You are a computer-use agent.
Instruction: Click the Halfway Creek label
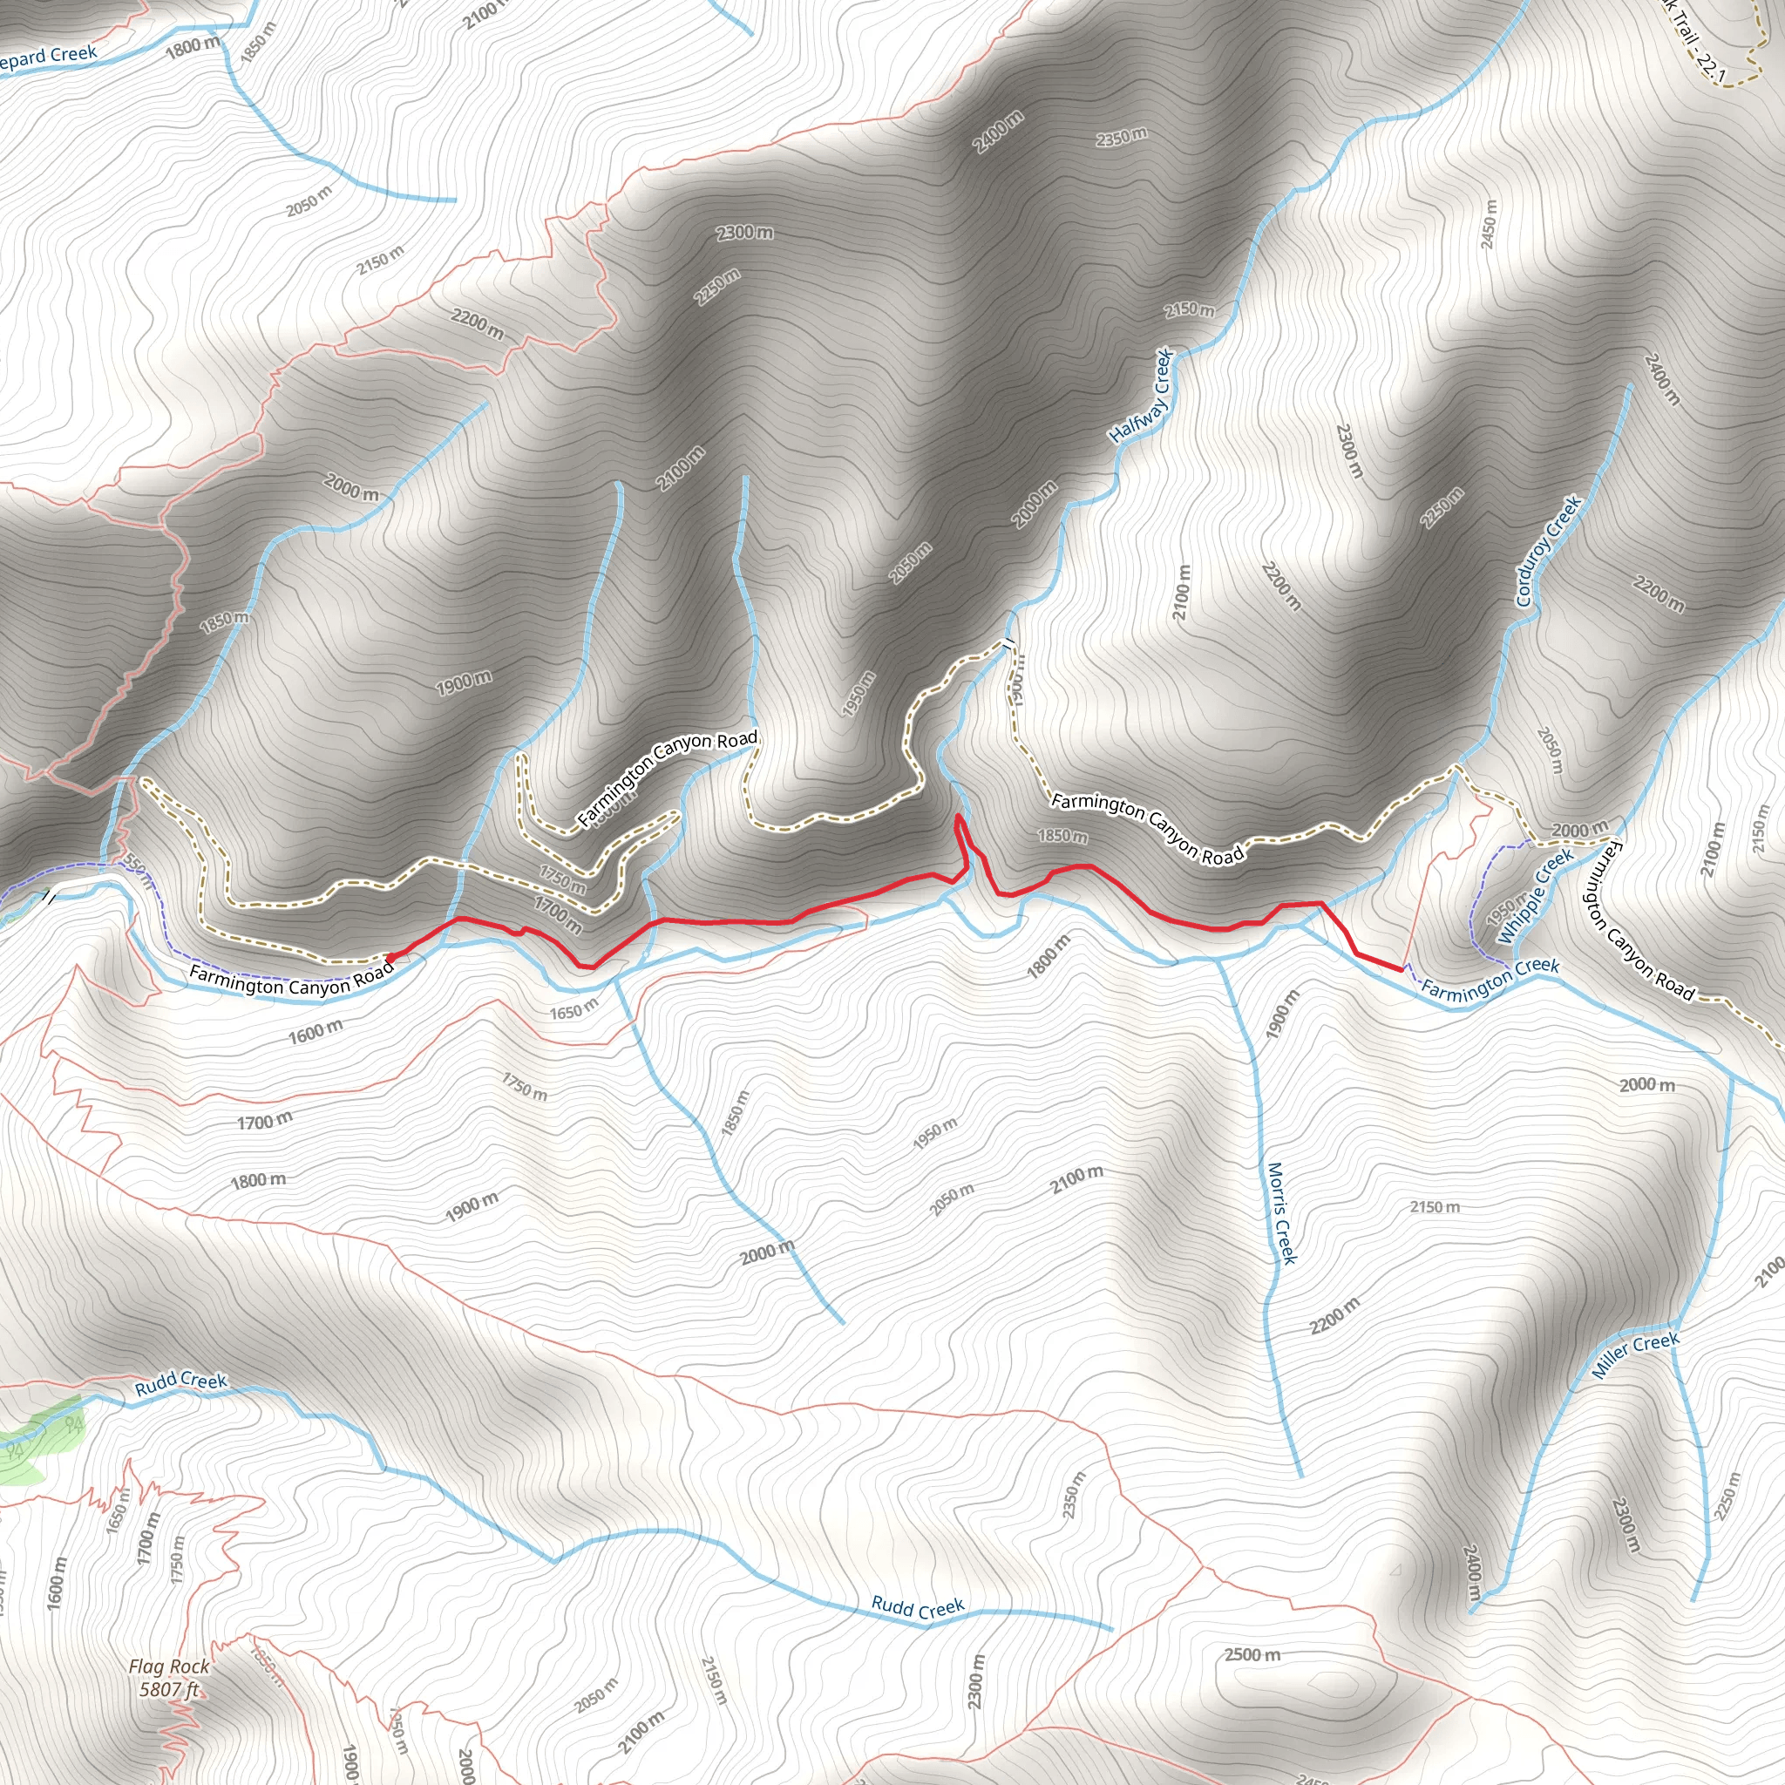[x=1142, y=395]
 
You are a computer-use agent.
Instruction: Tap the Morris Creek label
[x=1282, y=1212]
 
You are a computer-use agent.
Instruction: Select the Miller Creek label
[x=1635, y=1355]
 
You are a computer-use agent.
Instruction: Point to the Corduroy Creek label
[x=1549, y=551]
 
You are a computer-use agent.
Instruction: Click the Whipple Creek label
[x=1536, y=896]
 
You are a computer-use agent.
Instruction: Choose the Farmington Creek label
[x=1490, y=980]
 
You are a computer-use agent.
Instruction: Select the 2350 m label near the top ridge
[x=1122, y=137]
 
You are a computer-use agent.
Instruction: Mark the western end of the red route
[x=388, y=957]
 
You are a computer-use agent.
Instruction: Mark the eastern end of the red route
[x=1402, y=967]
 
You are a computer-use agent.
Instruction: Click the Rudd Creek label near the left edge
[x=181, y=1382]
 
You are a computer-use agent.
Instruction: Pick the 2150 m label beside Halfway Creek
[x=1189, y=309]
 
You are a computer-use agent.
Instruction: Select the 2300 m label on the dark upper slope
[x=744, y=232]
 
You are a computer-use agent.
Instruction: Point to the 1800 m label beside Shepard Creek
[x=193, y=45]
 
